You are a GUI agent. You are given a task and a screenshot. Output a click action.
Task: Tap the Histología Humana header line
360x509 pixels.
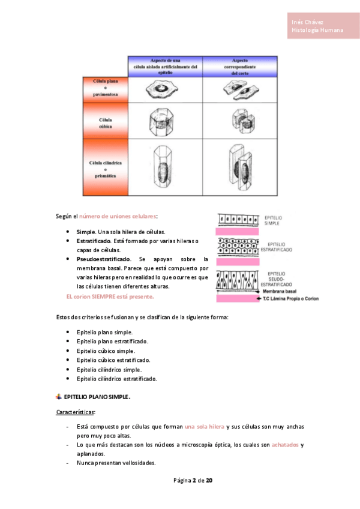point(317,30)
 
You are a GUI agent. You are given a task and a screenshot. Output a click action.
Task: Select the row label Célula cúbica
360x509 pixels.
point(105,123)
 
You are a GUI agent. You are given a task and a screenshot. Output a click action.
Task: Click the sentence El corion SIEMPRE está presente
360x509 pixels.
point(110,297)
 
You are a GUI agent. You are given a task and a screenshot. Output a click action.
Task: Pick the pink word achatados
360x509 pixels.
point(285,445)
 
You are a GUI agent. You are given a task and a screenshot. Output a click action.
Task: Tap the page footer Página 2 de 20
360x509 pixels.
point(193,481)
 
